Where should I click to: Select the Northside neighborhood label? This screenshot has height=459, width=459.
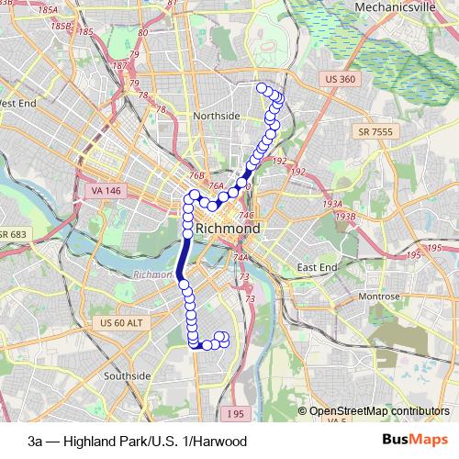click(x=217, y=116)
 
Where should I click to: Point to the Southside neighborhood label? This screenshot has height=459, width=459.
click(x=127, y=376)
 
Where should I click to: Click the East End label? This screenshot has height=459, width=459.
click(x=318, y=267)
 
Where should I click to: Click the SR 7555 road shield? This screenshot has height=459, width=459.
click(x=376, y=133)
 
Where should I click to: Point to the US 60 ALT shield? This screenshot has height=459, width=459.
click(x=122, y=323)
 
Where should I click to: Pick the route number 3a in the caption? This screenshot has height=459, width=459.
click(x=35, y=442)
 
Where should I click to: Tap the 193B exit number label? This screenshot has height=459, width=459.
click(x=345, y=216)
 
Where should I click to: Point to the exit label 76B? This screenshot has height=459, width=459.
click(x=196, y=174)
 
